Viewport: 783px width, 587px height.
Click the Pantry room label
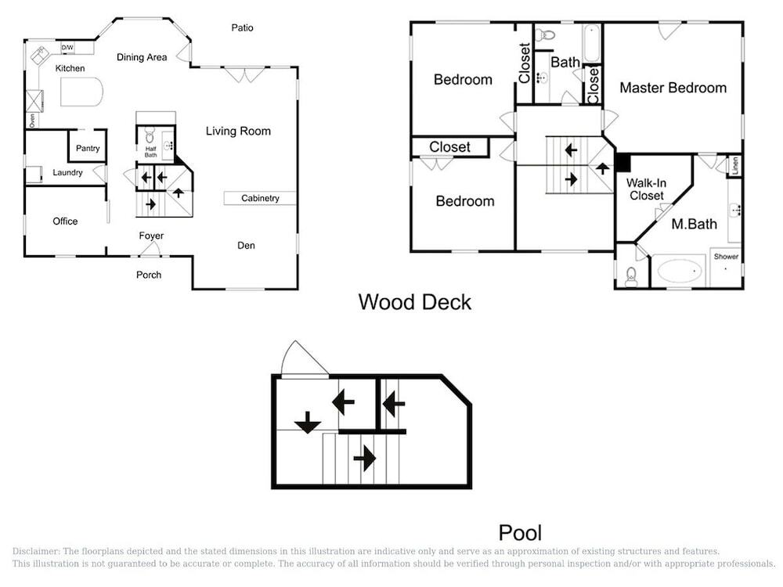[88, 148]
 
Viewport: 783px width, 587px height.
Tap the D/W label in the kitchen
[67, 48]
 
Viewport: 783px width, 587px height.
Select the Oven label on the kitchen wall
[32, 121]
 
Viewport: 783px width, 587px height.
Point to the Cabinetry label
[260, 198]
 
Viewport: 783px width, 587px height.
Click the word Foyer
[151, 236]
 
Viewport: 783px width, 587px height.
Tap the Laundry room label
[67, 173]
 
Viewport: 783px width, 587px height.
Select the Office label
[65, 221]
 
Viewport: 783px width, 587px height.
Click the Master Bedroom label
[673, 88]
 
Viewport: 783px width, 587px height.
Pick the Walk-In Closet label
[646, 189]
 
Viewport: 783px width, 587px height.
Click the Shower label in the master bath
[726, 257]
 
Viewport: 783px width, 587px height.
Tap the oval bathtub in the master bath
[680, 271]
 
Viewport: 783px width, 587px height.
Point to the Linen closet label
[734, 166]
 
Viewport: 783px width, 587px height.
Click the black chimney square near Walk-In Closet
[622, 163]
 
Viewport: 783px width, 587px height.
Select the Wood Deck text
[414, 302]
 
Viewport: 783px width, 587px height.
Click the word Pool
[520, 533]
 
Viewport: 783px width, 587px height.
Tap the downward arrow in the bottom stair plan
[307, 423]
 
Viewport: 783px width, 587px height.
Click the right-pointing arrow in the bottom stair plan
[365, 458]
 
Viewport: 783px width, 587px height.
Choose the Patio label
[242, 28]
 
